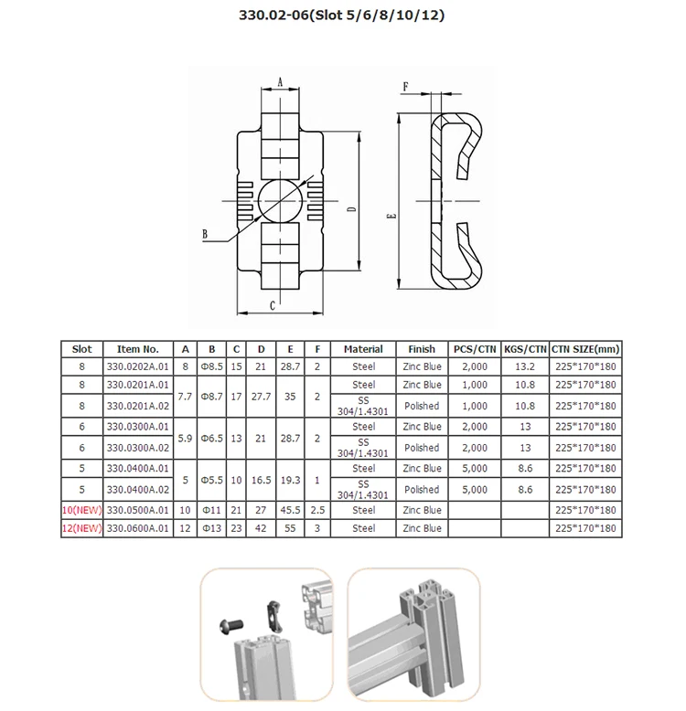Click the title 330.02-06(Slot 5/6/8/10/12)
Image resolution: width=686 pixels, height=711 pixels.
343,16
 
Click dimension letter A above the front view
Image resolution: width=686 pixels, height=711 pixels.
280,80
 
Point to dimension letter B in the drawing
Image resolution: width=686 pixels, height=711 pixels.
207,235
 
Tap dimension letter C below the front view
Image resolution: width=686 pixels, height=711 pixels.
273,305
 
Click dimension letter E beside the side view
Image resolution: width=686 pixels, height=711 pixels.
391,217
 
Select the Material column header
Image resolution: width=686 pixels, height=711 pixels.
363,348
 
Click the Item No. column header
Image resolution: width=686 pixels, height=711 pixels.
138,348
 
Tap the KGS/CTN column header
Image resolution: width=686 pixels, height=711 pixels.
525,348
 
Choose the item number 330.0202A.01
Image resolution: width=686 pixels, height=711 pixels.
138,366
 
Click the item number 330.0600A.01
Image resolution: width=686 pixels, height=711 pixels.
138,528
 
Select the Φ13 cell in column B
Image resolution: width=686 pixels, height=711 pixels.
211,528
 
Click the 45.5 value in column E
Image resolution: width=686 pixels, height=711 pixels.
290,510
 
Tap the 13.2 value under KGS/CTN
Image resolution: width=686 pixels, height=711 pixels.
525,366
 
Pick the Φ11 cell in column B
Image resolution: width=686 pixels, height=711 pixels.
211,510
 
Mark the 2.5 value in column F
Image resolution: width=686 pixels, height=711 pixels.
316,510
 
